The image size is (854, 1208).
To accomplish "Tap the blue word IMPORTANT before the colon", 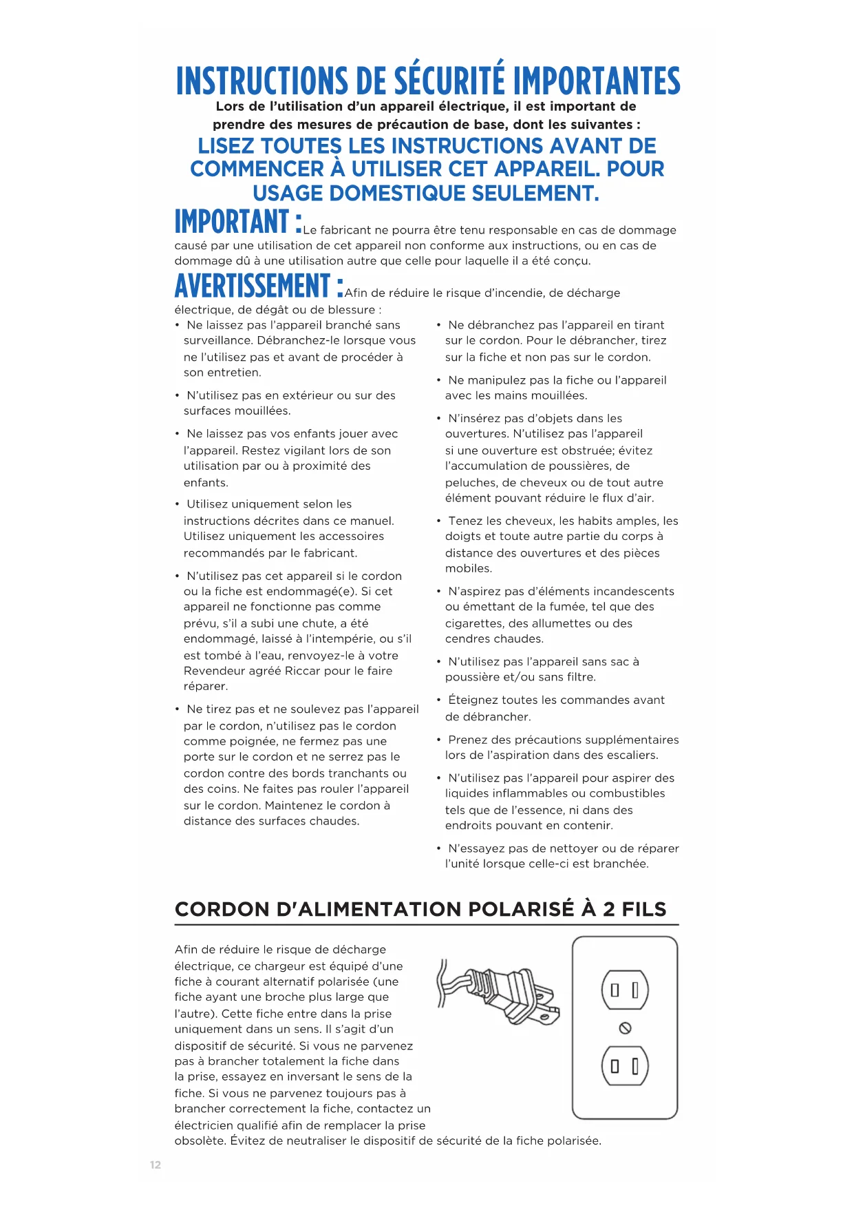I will pos(232,222).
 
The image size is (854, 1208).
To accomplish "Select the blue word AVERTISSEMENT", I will pos(253,286).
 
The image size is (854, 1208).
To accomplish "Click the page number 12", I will pos(156,1165).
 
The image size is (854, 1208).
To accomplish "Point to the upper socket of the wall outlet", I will pos(625,990).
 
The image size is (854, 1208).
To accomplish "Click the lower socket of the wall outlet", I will pos(625,1066).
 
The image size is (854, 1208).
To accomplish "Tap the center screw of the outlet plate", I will pos(625,1028).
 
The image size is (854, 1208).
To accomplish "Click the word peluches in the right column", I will pos(469,483).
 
